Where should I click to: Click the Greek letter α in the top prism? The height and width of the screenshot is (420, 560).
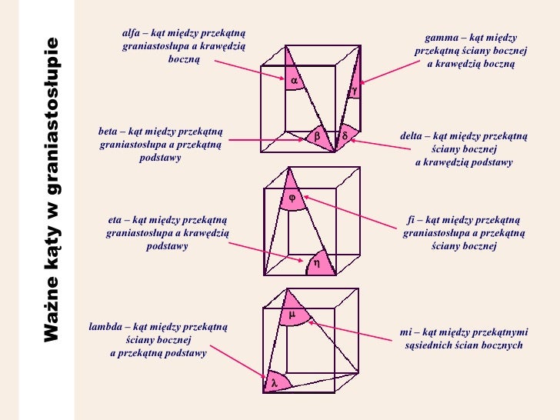[x=294, y=80]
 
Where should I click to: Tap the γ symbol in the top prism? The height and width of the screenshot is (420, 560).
[x=355, y=91]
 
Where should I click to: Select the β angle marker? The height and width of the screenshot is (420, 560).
[x=317, y=136]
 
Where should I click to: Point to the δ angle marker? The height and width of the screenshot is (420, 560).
[x=345, y=136]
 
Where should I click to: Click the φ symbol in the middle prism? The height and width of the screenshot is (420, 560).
[x=292, y=198]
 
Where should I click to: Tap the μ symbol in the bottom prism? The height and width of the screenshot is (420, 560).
[x=292, y=315]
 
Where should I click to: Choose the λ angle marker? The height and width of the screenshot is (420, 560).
[x=273, y=382]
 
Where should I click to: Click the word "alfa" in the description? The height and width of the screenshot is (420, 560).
[x=132, y=33]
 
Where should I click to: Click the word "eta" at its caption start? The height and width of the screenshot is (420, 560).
[x=116, y=219]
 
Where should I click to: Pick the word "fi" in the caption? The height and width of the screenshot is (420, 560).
[x=412, y=219]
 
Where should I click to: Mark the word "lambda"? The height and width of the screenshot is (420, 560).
[x=105, y=326]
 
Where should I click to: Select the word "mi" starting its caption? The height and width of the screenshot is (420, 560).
[x=406, y=332]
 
